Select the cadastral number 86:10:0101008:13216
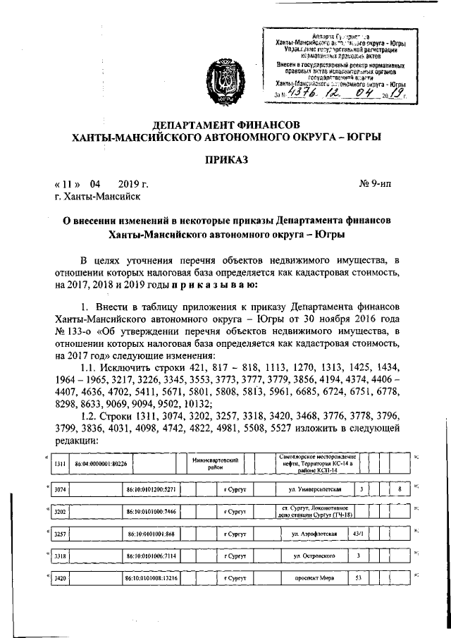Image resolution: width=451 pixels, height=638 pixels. [154, 580]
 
